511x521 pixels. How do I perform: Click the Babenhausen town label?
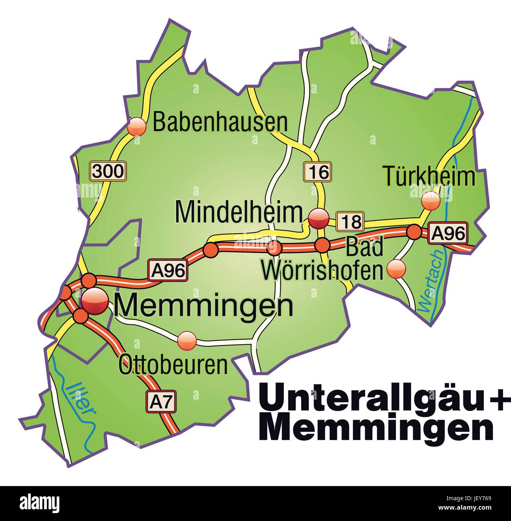(220, 122)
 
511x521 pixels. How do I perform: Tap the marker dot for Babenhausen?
(137, 126)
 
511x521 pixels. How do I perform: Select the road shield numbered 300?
(108, 171)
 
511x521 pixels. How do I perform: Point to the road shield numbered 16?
(317, 172)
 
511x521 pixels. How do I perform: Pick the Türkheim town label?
(429, 176)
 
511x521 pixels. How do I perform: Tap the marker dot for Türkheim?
(430, 201)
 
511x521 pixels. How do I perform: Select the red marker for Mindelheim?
(318, 218)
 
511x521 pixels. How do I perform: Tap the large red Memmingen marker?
(95, 302)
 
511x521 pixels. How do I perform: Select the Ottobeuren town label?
(173, 365)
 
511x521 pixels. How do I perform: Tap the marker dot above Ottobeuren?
(187, 340)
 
